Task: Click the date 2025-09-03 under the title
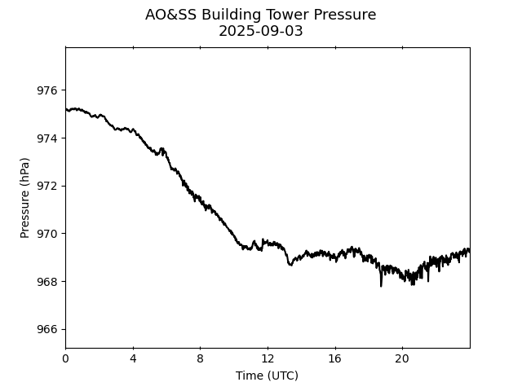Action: point(261,31)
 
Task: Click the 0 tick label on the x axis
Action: point(65,358)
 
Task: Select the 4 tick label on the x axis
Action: point(133,358)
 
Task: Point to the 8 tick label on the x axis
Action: point(200,358)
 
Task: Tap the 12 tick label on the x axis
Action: point(268,358)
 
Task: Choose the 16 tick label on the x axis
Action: point(334,358)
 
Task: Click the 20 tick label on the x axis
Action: point(402,358)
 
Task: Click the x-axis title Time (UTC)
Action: point(267,376)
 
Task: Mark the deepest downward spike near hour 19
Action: point(381,285)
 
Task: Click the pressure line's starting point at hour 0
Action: point(66,108)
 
